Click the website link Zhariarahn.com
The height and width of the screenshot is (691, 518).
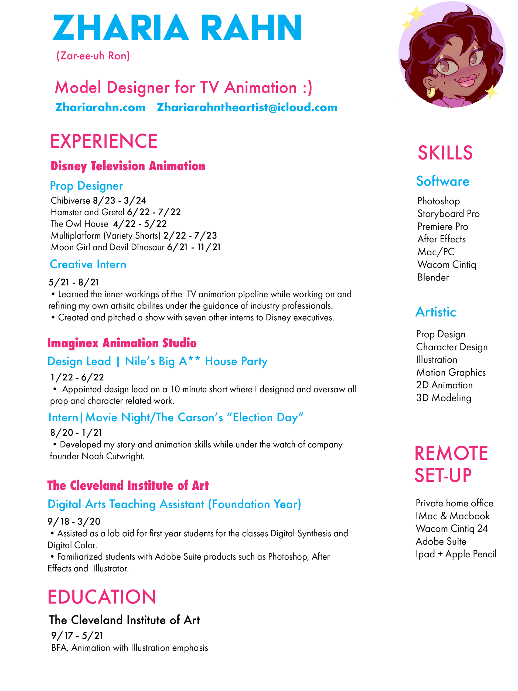100,107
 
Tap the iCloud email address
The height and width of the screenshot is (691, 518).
247,107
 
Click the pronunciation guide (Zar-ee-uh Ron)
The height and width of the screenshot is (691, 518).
93,56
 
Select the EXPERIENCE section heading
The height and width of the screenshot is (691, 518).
104,141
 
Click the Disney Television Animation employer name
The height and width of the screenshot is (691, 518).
128,166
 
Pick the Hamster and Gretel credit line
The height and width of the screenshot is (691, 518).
115,212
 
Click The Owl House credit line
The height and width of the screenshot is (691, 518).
109,224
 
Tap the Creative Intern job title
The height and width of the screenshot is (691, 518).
88,264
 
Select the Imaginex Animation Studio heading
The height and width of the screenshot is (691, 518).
122,343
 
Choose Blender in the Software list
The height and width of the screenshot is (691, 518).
433,277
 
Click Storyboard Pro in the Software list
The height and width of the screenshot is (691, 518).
448,214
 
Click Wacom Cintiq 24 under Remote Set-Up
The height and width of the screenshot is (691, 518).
451,528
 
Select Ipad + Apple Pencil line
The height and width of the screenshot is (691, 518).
456,554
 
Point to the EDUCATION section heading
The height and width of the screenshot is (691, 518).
102,597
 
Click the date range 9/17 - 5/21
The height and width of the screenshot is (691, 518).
77,635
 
